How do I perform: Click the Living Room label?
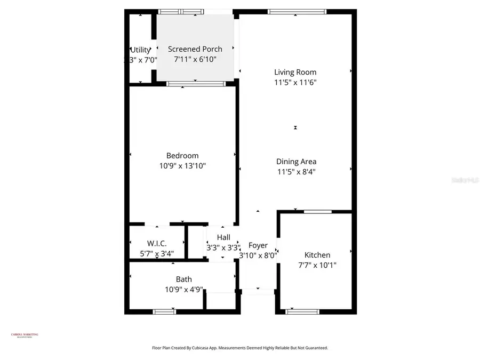pyautogui.click(x=295, y=72)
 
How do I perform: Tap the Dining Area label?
pyautogui.click(x=296, y=162)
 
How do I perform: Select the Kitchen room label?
pyautogui.click(x=317, y=255)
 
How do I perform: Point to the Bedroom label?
pyautogui.click(x=182, y=156)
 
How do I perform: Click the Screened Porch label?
pyautogui.click(x=195, y=50)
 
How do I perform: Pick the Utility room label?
pyautogui.click(x=140, y=50)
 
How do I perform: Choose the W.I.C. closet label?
pyautogui.click(x=157, y=243)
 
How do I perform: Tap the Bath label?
pyautogui.click(x=184, y=279)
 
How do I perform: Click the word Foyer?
pyautogui.click(x=258, y=245)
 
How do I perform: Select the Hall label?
pyautogui.click(x=223, y=237)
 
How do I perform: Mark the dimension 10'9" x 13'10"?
pyautogui.click(x=182, y=166)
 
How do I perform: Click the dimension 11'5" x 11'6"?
pyautogui.click(x=295, y=82)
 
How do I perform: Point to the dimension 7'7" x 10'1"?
pyautogui.click(x=317, y=265)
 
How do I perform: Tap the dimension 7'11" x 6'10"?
pyautogui.click(x=195, y=60)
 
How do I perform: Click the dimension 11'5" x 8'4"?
pyautogui.click(x=296, y=172)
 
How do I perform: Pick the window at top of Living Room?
pyautogui.click(x=297, y=11)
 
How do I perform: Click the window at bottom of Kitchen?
pyautogui.click(x=302, y=311)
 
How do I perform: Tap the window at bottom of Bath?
pyautogui.click(x=164, y=311)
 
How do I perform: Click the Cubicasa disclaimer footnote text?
pyautogui.click(x=240, y=348)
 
